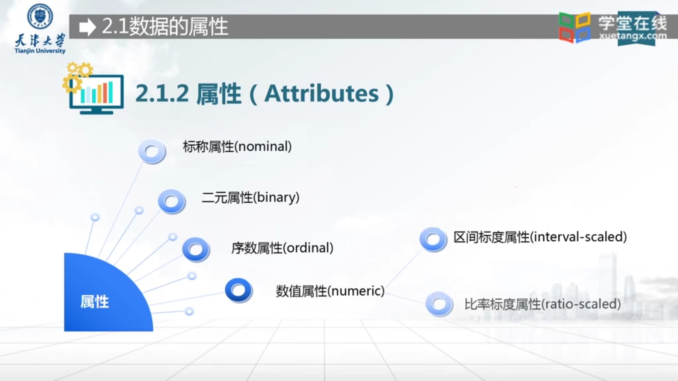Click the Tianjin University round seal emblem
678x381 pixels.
40,16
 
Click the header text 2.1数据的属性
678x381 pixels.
165,27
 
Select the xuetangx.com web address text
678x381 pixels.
633,36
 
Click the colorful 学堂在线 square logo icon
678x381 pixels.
575,27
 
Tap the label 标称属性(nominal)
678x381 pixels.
237,146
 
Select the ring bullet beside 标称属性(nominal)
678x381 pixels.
152,152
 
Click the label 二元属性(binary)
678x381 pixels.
250,197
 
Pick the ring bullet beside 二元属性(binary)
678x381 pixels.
172,201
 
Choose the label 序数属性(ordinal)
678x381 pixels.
282,248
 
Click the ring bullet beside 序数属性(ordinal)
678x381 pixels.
196,249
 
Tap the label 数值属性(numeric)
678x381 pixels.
330,291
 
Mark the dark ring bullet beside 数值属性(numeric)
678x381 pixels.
238,290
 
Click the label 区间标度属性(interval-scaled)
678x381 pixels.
540,237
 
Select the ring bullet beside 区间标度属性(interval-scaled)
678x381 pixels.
433,239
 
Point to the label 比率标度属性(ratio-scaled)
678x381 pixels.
542,304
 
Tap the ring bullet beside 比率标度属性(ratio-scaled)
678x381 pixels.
439,304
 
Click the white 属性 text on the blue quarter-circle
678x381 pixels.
95,302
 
